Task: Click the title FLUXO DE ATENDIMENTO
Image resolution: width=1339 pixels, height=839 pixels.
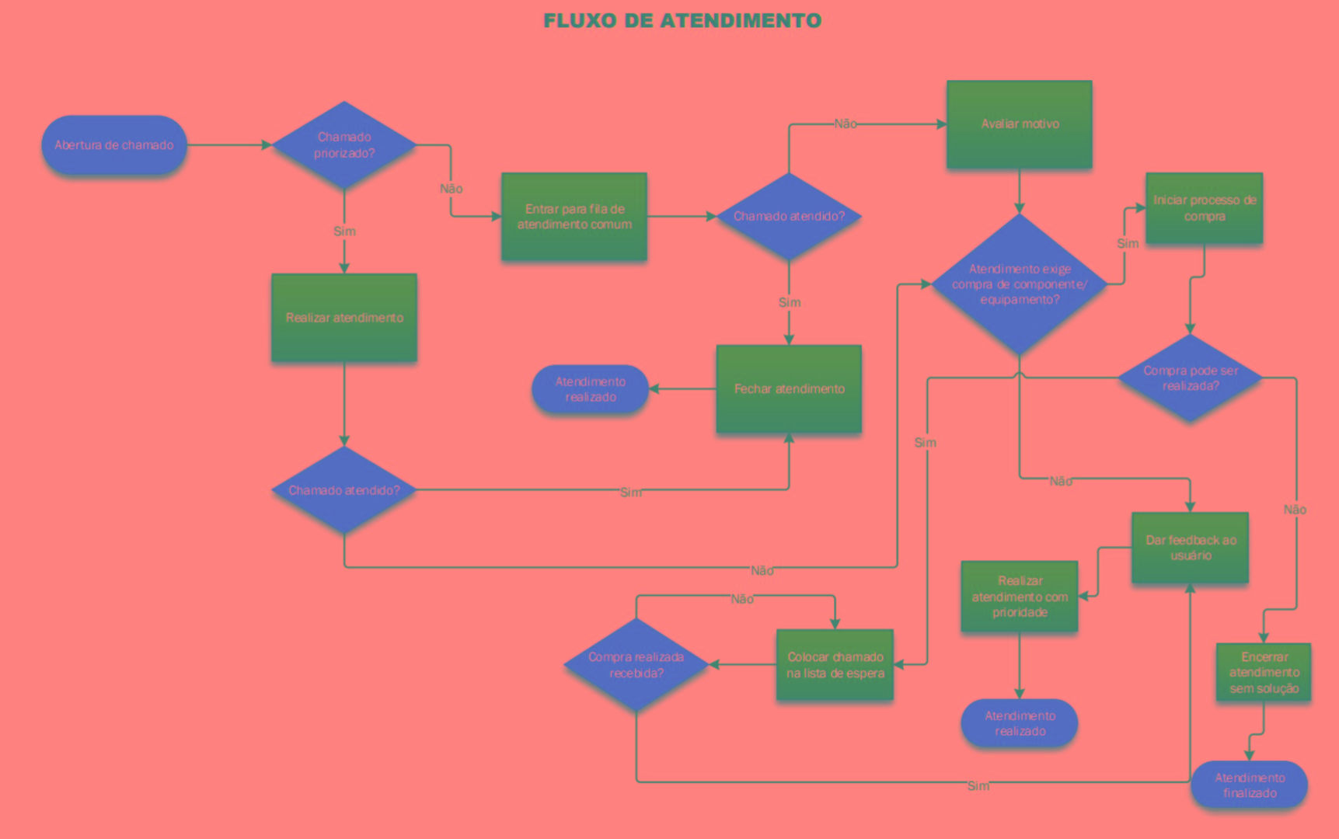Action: coord(682,21)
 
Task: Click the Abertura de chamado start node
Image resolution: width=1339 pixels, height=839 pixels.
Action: coord(114,145)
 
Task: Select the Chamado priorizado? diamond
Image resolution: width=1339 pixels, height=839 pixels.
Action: coord(344,145)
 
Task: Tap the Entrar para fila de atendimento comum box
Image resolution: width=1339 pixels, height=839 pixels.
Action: coord(574,217)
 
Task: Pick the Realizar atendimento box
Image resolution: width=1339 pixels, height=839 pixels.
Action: coord(344,318)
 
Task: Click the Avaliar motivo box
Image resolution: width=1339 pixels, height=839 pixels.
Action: coord(1019,124)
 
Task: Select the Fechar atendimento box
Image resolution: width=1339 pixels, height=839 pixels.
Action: coord(789,388)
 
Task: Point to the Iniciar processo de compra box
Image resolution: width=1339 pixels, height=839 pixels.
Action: coord(1204,208)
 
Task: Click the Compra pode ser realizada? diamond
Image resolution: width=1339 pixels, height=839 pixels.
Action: coord(1190,378)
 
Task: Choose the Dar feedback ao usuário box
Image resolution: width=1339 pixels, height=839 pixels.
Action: coord(1190,548)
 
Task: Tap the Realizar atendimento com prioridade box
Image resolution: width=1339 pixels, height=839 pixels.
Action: coord(1019,597)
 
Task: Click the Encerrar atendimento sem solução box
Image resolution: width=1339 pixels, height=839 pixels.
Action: coord(1263,673)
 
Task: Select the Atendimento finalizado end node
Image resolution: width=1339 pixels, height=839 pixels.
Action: coord(1249,785)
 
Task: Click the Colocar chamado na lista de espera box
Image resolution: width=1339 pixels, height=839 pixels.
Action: coord(835,665)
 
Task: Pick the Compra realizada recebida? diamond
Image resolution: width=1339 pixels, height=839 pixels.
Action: coord(636,665)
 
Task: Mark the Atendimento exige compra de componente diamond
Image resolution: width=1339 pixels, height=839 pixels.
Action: coord(1019,284)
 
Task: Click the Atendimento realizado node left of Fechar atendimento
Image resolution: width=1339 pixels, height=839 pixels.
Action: coord(590,389)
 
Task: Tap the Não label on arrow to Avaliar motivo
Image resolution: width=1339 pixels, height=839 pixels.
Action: coord(845,124)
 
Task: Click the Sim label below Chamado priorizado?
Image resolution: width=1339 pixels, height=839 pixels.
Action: coord(344,232)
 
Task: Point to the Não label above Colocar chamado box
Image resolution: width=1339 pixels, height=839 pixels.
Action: coord(741,599)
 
